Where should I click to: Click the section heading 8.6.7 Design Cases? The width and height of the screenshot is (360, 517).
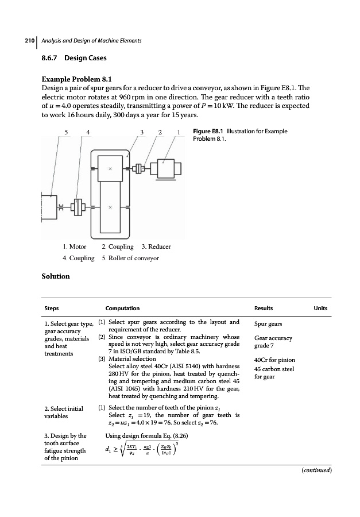coord(74,59)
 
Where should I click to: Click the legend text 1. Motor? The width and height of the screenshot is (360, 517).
coord(75,246)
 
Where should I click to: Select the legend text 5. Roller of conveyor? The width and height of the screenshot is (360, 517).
coord(128,258)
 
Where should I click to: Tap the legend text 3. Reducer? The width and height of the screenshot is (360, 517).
coord(156,246)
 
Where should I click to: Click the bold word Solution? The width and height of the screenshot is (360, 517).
coord(56,276)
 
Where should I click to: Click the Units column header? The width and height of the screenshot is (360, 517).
coord(320,308)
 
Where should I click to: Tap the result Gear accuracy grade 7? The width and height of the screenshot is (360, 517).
coord(273,342)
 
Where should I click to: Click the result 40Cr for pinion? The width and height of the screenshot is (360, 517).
coord(274,360)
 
